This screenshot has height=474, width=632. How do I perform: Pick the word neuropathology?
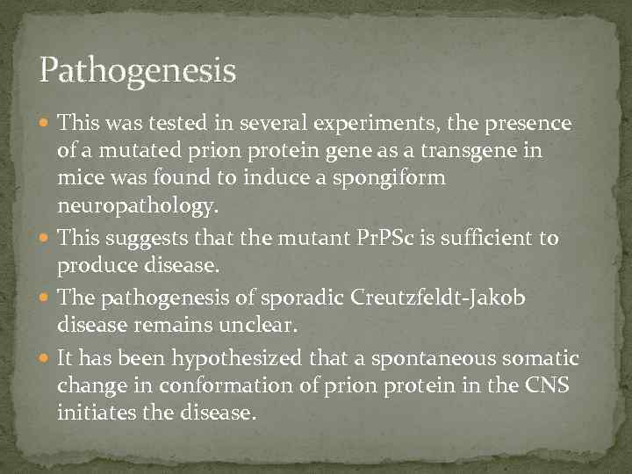click(x=134, y=206)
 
